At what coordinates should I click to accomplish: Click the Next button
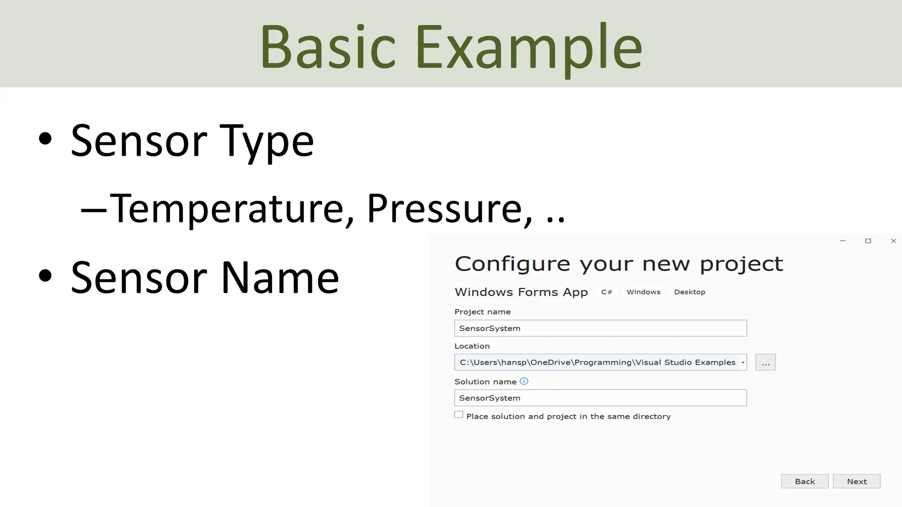point(856,481)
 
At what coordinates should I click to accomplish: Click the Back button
point(805,481)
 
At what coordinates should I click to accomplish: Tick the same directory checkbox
point(458,415)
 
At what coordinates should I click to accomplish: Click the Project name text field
point(600,328)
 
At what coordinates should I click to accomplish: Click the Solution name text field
point(600,398)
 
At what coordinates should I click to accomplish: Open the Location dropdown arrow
point(743,362)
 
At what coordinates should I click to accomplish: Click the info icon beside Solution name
point(524,382)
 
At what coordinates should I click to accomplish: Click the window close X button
point(893,241)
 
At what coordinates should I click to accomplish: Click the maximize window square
point(868,241)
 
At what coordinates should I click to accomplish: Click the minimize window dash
point(843,241)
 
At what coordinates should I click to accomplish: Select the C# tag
point(606,292)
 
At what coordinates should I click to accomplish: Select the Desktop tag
point(689,292)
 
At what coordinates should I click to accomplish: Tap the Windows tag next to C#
point(643,292)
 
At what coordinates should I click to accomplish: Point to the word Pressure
point(445,209)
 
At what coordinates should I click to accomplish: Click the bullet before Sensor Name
point(45,276)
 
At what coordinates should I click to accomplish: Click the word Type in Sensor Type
point(266,141)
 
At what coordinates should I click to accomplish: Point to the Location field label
point(472,346)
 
